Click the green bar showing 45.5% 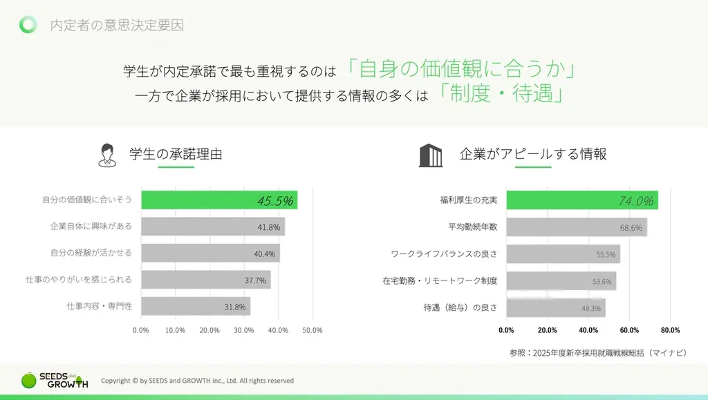(219, 200)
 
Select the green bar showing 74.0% (581, 200)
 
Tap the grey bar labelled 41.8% (213, 227)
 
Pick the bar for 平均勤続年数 (576, 227)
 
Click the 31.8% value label (235, 306)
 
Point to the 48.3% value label (591, 308)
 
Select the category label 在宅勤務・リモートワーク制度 (440, 280)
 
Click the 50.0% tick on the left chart (313, 330)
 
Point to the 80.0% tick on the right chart (670, 330)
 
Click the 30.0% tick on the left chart (244, 330)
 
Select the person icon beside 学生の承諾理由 (106, 155)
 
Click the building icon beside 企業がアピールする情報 (431, 155)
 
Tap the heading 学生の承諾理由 (176, 154)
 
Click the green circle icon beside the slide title (28, 25)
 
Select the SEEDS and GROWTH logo (54, 381)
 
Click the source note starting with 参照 (599, 352)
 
